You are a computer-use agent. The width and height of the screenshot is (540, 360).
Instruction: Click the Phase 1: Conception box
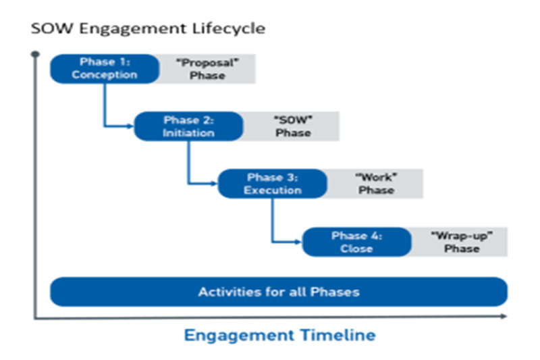[x=105, y=68]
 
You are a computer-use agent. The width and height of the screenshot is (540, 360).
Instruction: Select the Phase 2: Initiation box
[x=188, y=126]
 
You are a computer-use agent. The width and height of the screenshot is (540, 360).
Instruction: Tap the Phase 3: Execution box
[x=273, y=184]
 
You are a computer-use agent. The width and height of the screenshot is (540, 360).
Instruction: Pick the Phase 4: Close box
[x=356, y=242]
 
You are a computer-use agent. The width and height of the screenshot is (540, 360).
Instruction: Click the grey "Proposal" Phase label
[x=207, y=68]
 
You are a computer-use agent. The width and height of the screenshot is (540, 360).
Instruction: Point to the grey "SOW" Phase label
[x=292, y=126]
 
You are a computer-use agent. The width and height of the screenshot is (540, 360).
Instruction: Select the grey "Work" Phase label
[x=375, y=184]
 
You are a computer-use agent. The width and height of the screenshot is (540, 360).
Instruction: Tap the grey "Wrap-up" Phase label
[x=460, y=242]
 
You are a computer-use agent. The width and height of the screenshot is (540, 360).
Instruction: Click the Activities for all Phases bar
[x=279, y=292]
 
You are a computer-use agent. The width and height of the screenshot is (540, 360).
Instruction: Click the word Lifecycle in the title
[x=229, y=28]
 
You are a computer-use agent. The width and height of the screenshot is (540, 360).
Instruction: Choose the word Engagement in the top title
[x=132, y=29]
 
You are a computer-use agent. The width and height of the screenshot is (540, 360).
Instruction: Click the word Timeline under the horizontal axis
[x=337, y=335]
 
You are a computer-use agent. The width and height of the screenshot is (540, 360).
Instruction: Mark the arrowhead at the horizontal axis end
[x=504, y=316]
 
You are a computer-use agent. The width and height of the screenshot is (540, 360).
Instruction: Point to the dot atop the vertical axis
[x=35, y=54]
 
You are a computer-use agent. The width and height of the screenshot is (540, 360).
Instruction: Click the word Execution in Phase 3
[x=273, y=190]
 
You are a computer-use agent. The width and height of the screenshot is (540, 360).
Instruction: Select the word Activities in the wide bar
[x=230, y=292]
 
